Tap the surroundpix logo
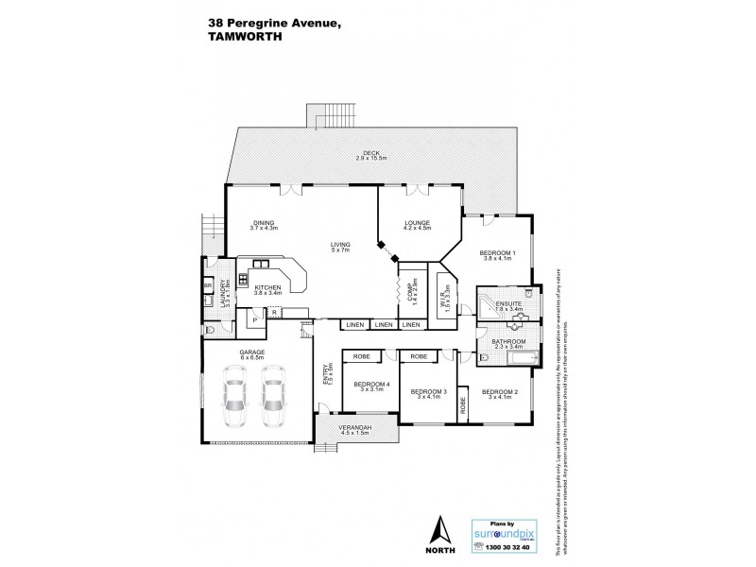pos(508,532)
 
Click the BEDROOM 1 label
pos(497,253)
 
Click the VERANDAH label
pos(355,428)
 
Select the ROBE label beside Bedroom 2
pos(463,405)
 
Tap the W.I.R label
pos(442,297)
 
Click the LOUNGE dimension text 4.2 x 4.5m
pos(416,228)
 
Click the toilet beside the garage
pos(209,330)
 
